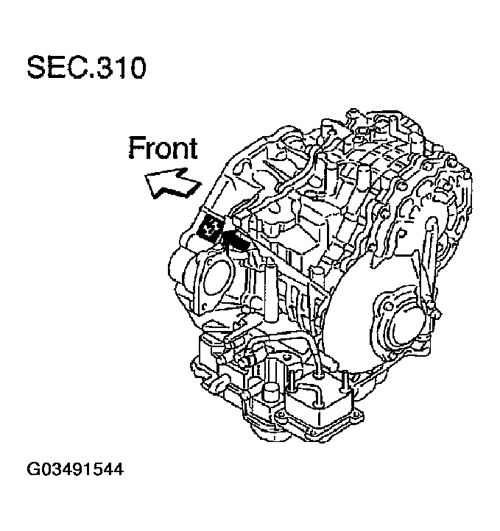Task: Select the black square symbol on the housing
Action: pyautogui.click(x=211, y=229)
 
